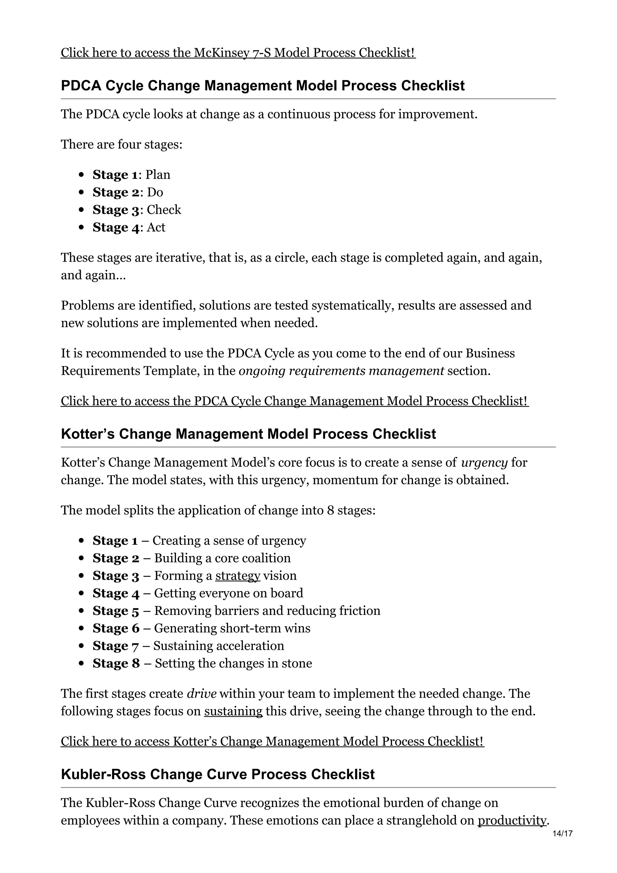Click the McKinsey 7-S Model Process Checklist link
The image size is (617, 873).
point(238,52)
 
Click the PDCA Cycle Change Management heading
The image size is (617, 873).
point(262,86)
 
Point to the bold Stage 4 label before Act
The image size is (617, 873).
point(116,227)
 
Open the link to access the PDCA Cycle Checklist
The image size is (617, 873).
point(295,401)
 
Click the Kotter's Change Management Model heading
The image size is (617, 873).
point(248,434)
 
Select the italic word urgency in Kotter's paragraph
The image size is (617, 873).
point(484,463)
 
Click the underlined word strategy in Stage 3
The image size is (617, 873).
point(238,576)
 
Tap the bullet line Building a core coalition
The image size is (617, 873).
point(222,558)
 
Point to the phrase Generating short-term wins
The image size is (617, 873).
point(232,628)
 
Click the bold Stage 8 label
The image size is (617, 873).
point(116,664)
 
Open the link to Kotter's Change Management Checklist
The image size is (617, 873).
point(272,741)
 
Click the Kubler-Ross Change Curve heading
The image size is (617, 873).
point(218,774)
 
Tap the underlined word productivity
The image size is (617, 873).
point(511,821)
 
